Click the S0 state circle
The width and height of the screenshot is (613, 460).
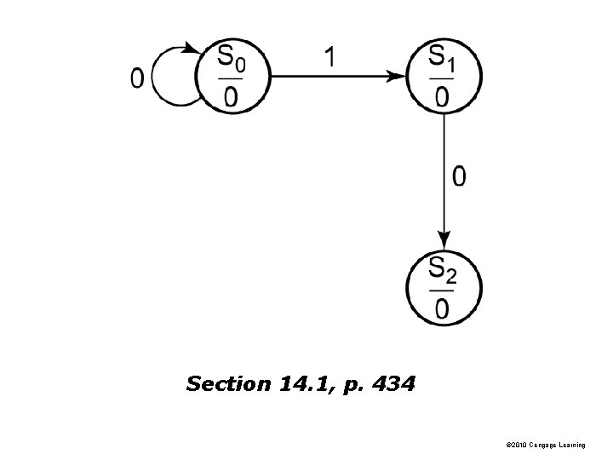232,77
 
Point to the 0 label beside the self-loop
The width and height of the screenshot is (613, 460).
137,78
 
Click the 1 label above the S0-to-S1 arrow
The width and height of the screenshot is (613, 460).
330,58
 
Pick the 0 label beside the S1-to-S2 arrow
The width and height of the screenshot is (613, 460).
459,177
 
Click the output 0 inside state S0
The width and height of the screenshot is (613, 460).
231,96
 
